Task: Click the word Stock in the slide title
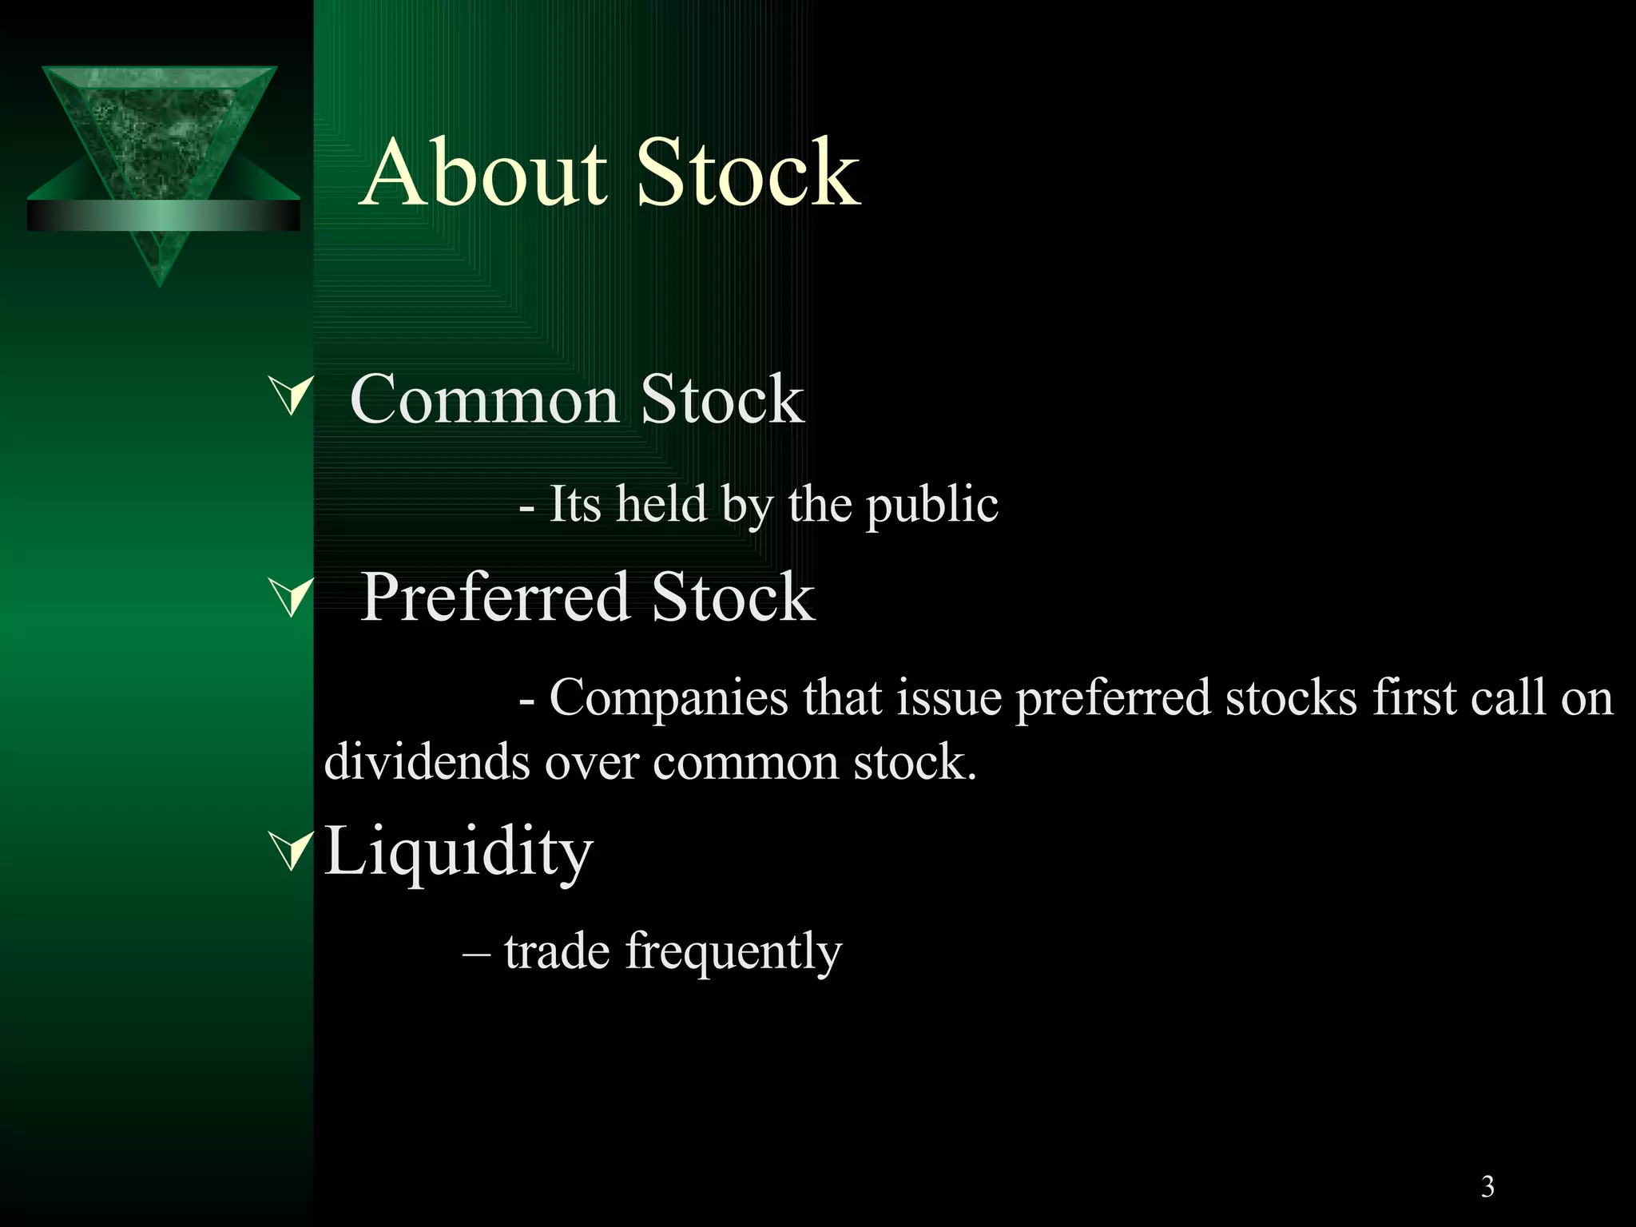[749, 173]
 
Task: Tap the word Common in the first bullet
[484, 399]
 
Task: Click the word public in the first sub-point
[932, 506]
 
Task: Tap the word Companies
[669, 697]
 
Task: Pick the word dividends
[427, 761]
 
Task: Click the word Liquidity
[459, 852]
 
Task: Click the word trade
[557, 951]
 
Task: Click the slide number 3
[1487, 1187]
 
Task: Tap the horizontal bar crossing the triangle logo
[163, 216]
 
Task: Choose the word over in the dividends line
[592, 761]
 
